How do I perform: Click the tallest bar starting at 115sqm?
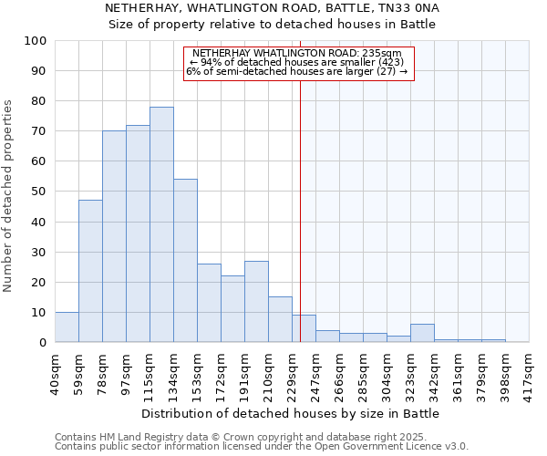[161, 224]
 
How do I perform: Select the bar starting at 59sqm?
[90, 271]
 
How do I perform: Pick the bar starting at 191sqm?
[256, 302]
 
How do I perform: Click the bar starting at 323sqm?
[422, 333]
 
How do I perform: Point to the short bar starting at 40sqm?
[67, 327]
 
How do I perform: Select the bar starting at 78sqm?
[114, 236]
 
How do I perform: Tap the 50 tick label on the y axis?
[38, 192]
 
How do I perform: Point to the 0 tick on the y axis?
[42, 342]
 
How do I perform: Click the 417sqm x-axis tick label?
[530, 375]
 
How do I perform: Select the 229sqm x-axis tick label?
[293, 375]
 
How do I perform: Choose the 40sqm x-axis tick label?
[56, 375]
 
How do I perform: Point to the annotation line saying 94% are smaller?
[298, 62]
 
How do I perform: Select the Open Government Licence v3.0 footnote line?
[262, 447]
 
